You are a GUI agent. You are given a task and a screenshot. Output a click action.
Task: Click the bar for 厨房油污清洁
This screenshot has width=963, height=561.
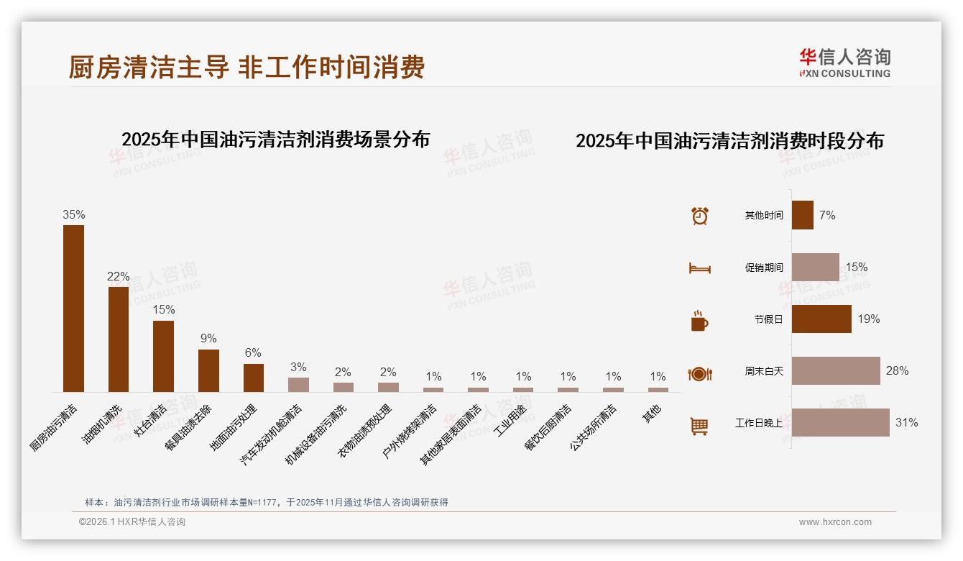pyautogui.click(x=73, y=309)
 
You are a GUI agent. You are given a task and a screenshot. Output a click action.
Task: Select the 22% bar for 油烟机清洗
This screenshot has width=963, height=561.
pyautogui.click(x=119, y=339)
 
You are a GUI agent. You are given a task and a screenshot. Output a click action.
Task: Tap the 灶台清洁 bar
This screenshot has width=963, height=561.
pyautogui.click(x=163, y=356)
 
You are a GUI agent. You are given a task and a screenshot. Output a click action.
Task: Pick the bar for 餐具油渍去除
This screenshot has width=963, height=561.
pyautogui.click(x=208, y=370)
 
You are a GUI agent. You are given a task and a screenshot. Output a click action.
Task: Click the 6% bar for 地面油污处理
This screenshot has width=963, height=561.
pyautogui.click(x=253, y=378)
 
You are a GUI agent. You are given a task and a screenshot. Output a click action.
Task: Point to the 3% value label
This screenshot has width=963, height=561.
pyautogui.click(x=298, y=368)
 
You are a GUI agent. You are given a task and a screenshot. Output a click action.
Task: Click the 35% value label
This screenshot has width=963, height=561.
pyautogui.click(x=73, y=214)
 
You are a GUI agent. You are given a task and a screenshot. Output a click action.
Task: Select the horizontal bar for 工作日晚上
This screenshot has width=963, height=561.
pyautogui.click(x=840, y=423)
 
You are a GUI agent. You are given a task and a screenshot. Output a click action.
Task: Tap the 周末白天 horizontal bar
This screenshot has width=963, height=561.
pyautogui.click(x=836, y=371)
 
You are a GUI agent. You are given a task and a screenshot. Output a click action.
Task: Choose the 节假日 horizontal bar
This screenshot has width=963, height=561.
pyautogui.click(x=821, y=319)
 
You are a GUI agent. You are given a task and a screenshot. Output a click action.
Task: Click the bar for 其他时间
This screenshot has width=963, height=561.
pyautogui.click(x=802, y=215)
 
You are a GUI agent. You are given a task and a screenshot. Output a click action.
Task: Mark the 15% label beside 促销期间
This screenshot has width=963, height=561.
pyautogui.click(x=856, y=267)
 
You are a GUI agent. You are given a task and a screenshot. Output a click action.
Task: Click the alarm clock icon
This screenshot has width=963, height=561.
pyautogui.click(x=699, y=216)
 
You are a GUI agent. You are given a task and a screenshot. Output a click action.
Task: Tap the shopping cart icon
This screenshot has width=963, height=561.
pyautogui.click(x=699, y=427)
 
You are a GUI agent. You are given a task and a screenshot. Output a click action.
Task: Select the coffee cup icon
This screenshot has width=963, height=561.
pyautogui.click(x=699, y=321)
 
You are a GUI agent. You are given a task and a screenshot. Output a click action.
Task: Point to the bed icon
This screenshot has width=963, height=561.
pyautogui.click(x=699, y=268)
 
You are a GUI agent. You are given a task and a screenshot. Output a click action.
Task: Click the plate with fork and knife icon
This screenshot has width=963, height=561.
pyautogui.click(x=699, y=374)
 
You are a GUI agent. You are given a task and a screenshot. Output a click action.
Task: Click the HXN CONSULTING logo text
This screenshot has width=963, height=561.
pyautogui.click(x=844, y=73)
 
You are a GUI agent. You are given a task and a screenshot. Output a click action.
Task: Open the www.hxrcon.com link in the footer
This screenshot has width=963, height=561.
pyautogui.click(x=835, y=522)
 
